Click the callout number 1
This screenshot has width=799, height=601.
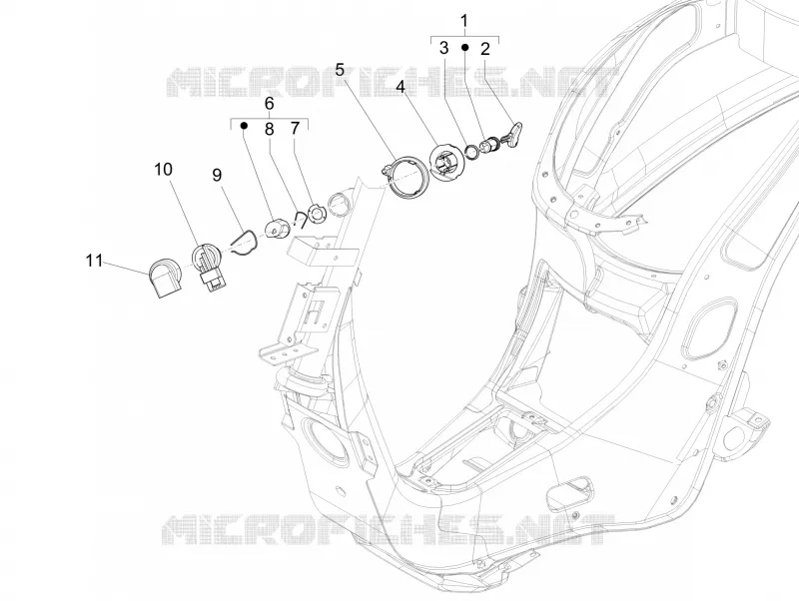(463, 21)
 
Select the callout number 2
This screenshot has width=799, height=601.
(484, 49)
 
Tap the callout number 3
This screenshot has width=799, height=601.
(443, 48)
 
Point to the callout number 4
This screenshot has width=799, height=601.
(400, 87)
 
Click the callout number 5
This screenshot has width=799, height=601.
(340, 70)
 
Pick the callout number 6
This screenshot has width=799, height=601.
(269, 104)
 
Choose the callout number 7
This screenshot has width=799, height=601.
(295, 129)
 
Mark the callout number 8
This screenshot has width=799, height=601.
(269, 130)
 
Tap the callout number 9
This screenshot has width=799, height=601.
(217, 175)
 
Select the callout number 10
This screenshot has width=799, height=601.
(163, 169)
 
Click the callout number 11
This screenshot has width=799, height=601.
(94, 261)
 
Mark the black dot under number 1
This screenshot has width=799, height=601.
(464, 47)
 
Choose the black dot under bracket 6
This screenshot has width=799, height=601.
(244, 125)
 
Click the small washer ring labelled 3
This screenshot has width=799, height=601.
(472, 152)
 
